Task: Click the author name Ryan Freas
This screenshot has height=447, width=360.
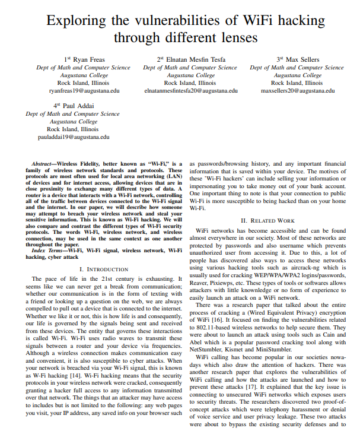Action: (x=87, y=59)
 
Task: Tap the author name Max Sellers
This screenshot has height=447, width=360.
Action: (x=302, y=59)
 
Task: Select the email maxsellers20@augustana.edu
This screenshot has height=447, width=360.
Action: (x=298, y=91)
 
